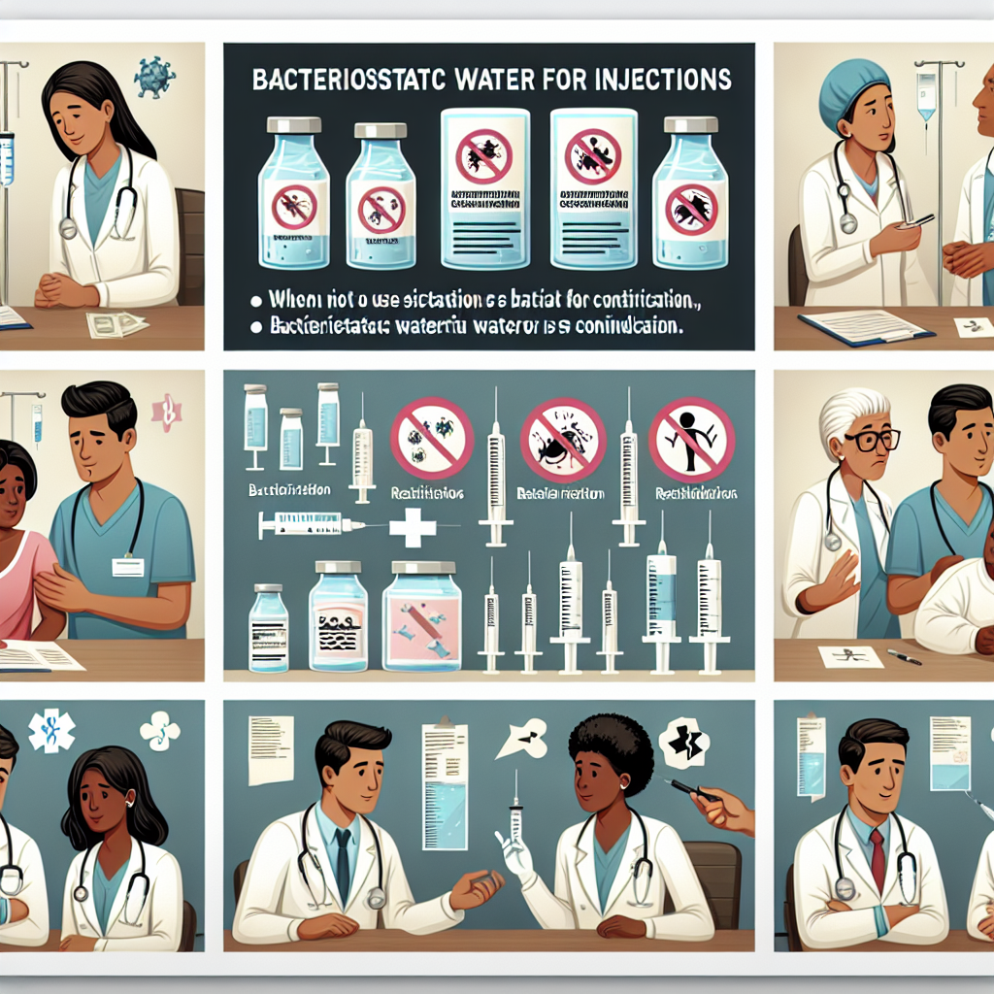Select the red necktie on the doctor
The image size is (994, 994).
click(x=877, y=860)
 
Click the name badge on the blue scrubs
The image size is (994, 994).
click(x=127, y=567)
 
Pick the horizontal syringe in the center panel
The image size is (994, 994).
click(x=311, y=526)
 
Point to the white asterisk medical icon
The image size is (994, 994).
click(x=50, y=731)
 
